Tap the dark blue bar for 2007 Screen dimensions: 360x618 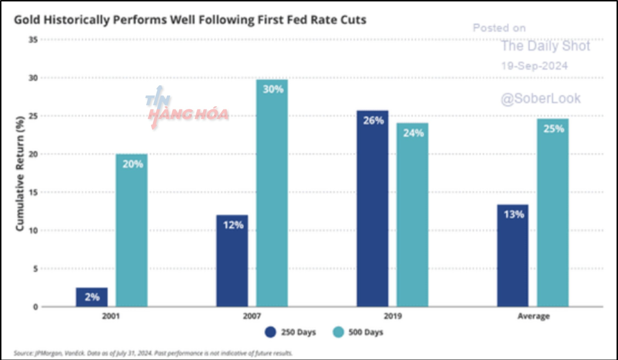pos(232,261)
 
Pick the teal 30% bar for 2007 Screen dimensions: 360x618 pos(272,193)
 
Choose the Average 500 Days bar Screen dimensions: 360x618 pos(553,213)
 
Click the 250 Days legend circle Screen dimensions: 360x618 pos(270,332)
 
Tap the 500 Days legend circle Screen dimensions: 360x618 pos(338,332)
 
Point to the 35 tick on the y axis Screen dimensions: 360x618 pos(33,40)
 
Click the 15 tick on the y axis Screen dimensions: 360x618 pos(33,193)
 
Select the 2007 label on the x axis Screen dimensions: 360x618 pos(252,316)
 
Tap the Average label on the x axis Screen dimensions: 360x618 pos(533,316)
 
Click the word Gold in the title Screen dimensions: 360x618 pos(27,20)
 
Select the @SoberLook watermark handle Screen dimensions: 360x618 pos(540,99)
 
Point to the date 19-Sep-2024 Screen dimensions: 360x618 pos(534,66)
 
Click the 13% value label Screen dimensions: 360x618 pos(514,214)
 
